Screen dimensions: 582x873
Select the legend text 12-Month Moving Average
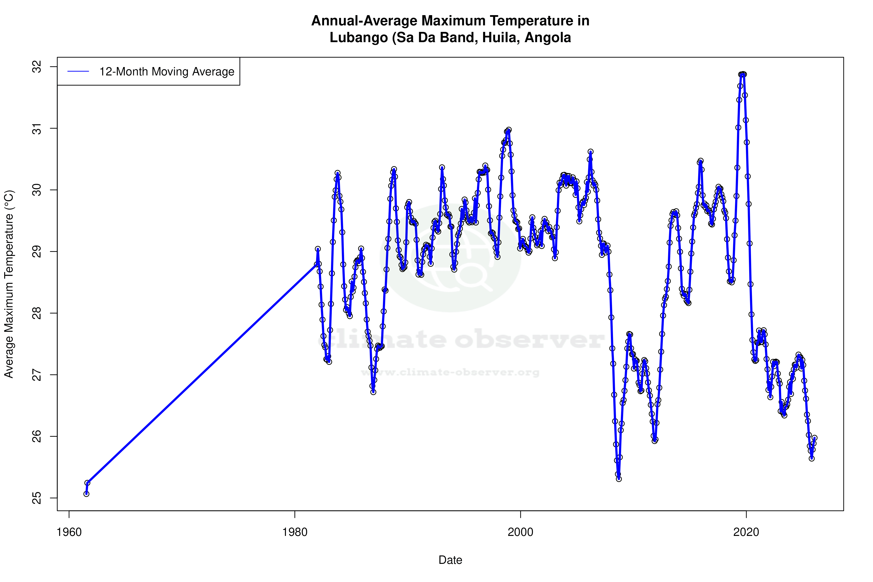pyautogui.click(x=167, y=72)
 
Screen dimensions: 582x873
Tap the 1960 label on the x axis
pyautogui.click(x=69, y=532)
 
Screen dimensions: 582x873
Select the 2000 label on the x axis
pyautogui.click(x=520, y=532)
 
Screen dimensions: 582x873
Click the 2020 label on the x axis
pyautogui.click(x=746, y=532)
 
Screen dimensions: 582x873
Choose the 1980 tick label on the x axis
pyautogui.click(x=295, y=532)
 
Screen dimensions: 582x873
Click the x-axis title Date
pyautogui.click(x=450, y=560)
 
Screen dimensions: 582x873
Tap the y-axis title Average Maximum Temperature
pyautogui.click(x=9, y=284)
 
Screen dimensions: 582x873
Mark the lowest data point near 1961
pyautogui.click(x=86, y=494)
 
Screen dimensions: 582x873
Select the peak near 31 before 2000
pyautogui.click(x=508, y=130)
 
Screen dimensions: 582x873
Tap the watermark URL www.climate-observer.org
pyautogui.click(x=450, y=372)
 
